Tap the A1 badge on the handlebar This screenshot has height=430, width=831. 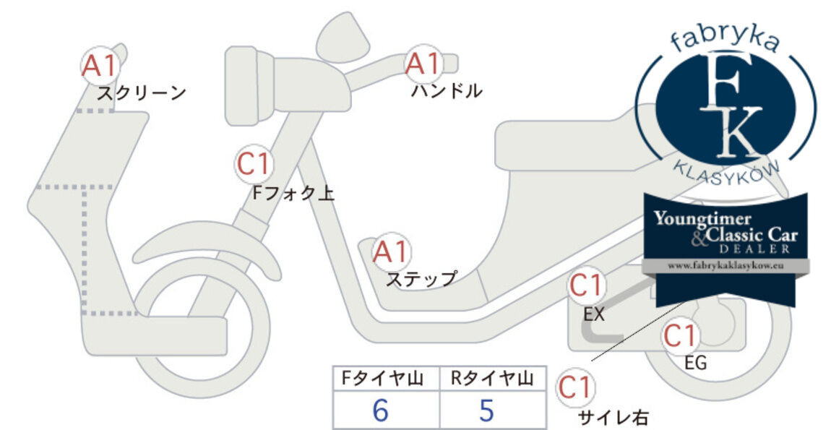click(423, 64)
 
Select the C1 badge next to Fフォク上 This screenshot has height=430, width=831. click(254, 164)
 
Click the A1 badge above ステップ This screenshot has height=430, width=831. click(391, 251)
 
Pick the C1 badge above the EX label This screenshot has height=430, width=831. click(586, 285)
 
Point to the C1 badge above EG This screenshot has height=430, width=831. click(680, 335)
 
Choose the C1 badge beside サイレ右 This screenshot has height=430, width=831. click(575, 387)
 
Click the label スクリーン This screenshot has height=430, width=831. click(142, 93)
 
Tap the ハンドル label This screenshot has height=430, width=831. click(447, 90)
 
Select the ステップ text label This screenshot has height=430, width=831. click(422, 279)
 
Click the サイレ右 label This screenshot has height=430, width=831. click(613, 417)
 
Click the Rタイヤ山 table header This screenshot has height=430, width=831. click(492, 379)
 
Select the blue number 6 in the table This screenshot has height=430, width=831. click(381, 410)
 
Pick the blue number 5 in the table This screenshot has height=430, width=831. click(486, 410)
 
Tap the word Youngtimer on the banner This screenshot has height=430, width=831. click(702, 218)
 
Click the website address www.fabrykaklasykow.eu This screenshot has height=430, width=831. click(725, 266)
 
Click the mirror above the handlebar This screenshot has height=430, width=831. click(343, 37)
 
